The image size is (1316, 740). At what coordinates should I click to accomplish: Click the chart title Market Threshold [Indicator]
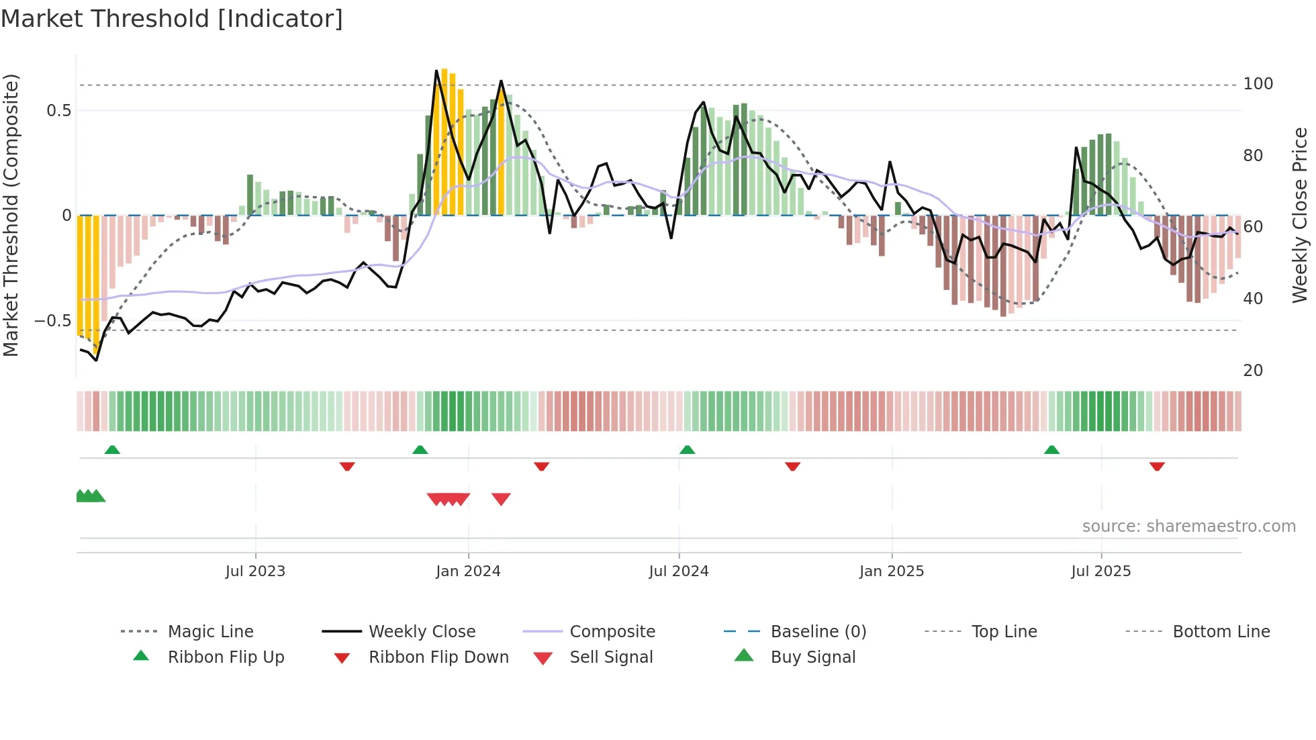pos(172,19)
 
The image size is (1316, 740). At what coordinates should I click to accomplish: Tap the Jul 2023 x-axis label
pos(255,571)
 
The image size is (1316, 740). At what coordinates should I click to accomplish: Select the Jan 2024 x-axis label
pos(468,571)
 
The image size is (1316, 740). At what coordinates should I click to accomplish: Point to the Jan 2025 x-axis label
pos(892,571)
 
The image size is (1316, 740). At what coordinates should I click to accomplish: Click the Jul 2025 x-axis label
pos(1101,571)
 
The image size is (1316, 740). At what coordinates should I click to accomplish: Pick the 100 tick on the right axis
pos(1258,84)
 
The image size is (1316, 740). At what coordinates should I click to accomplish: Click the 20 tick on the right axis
pos(1253,371)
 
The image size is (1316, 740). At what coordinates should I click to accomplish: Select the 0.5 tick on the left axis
pos(58,111)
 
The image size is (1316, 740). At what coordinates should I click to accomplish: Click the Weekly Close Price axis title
pos(1300,215)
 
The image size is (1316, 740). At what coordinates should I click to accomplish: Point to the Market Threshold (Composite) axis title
pos(11,215)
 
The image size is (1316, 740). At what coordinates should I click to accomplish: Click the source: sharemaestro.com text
pos(1188,526)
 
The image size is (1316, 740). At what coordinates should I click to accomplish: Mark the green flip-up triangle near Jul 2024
pos(687,450)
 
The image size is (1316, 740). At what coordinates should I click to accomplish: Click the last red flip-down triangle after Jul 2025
pos(1156,466)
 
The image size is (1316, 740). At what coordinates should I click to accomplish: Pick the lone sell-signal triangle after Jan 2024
pos(501,499)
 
